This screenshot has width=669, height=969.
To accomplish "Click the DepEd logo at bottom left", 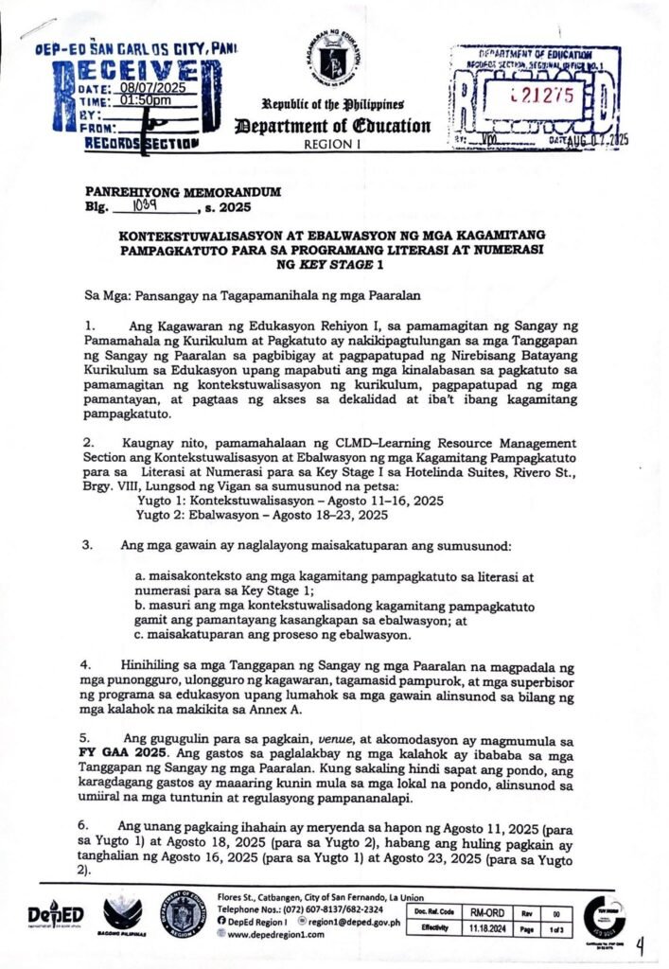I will coord(55,914).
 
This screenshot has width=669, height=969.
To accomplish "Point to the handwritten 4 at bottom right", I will coord(643,945).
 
